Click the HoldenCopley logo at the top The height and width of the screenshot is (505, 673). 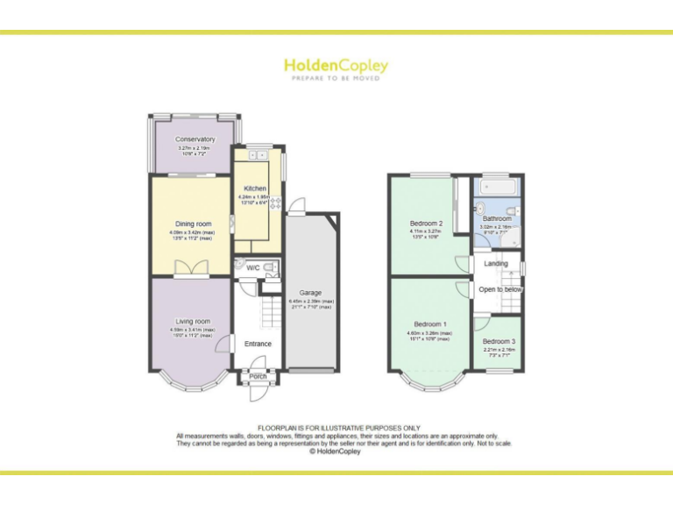pos(336,66)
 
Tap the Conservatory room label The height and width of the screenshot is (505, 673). pos(195,139)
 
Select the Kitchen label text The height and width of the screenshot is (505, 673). pos(255,188)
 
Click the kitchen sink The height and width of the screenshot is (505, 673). pos(258,155)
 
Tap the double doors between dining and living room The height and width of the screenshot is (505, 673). pos(191,270)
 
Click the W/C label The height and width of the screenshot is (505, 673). pos(252,267)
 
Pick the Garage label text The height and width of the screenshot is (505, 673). pos(311,293)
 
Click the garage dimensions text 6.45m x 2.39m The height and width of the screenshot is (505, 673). pos(311,302)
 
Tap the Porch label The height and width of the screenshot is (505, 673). pos(258,377)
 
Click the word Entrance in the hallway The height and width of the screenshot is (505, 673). pos(258,344)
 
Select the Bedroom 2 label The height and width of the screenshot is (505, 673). pos(427,224)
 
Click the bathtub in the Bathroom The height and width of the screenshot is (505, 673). pos(497,186)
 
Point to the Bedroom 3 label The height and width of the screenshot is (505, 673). pos(499,341)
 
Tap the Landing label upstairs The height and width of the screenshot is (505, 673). pos(496,263)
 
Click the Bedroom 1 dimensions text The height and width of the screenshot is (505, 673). pos(429,334)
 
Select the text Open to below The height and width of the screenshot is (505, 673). pos(500,289)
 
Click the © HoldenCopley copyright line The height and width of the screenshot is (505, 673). pos(336,452)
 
